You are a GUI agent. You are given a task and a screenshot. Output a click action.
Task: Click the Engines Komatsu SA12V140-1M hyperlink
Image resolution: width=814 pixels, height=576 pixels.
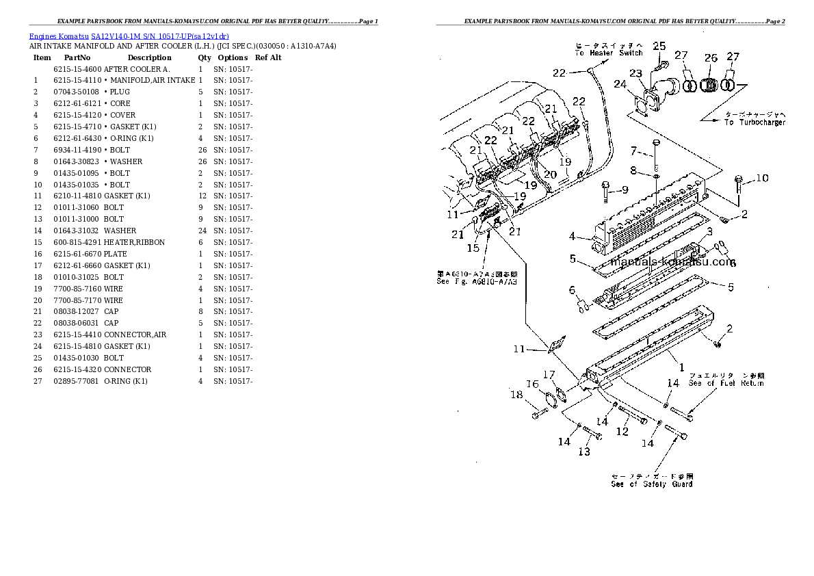click(x=129, y=36)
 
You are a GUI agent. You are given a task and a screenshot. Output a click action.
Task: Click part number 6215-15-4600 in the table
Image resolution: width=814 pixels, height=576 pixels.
click(x=77, y=70)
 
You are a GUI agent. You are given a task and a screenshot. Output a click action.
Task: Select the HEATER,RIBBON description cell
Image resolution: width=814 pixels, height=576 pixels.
click(x=134, y=242)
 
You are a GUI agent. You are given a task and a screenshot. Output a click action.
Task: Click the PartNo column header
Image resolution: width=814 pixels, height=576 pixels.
click(x=76, y=57)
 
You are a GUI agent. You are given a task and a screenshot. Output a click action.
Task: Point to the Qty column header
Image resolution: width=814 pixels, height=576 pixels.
click(x=205, y=57)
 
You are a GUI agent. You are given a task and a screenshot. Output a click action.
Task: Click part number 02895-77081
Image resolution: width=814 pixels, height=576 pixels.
click(x=76, y=381)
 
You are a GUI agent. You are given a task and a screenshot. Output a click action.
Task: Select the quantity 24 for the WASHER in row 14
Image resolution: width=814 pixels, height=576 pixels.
click(x=202, y=231)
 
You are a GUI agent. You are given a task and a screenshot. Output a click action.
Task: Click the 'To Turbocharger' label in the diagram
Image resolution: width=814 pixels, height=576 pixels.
click(x=754, y=122)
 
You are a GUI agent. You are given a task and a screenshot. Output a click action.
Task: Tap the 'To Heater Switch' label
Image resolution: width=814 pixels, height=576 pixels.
click(x=609, y=53)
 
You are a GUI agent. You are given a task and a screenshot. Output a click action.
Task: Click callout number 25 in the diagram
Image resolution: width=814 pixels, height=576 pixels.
click(x=659, y=46)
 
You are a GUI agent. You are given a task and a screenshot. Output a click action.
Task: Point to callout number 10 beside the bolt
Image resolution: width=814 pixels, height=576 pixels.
click(x=761, y=179)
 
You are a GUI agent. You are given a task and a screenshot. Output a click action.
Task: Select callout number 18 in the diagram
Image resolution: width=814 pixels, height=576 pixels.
click(x=516, y=394)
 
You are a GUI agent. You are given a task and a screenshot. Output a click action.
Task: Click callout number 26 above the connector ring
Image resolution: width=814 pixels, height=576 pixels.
click(x=711, y=58)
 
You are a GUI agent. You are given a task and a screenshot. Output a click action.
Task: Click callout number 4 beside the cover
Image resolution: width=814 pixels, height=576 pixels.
click(x=572, y=237)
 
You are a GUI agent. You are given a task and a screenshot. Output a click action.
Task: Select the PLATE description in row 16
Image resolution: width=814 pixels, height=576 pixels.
click(x=115, y=254)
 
